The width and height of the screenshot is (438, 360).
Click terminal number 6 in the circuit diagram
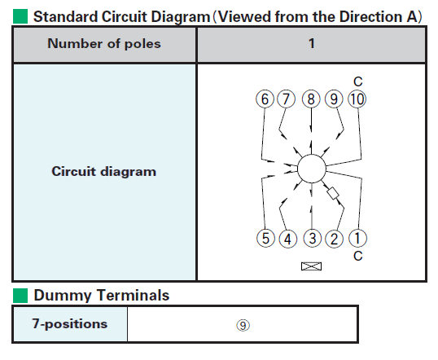pos(265,99)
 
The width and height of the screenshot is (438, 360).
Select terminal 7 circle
pos(286,99)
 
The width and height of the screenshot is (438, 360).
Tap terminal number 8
pos(311,99)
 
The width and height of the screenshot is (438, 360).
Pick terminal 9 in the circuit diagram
pos(334,99)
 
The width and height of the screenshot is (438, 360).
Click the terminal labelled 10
pos(357,99)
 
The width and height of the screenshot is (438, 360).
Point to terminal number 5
pos(265,239)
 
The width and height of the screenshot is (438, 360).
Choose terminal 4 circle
pos(288,239)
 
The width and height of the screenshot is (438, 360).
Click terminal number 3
pos(313,238)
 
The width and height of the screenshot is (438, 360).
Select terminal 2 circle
pos(335,239)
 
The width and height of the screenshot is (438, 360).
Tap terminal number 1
pos(358,238)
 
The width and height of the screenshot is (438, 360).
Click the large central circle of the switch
pos(312,169)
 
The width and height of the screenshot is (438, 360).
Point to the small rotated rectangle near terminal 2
pos(333,193)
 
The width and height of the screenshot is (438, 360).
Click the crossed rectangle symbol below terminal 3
pos(312,266)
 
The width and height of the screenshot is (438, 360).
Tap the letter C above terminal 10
pos(358,81)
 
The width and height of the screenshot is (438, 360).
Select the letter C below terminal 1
pos(358,256)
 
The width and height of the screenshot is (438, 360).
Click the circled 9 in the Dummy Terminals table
pos(243,325)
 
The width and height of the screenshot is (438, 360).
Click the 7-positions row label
pos(70,323)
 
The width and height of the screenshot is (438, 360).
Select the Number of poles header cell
pos(104,44)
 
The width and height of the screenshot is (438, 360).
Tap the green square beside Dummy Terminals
pos(20,296)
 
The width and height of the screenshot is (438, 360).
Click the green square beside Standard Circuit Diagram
pos(20,16)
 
